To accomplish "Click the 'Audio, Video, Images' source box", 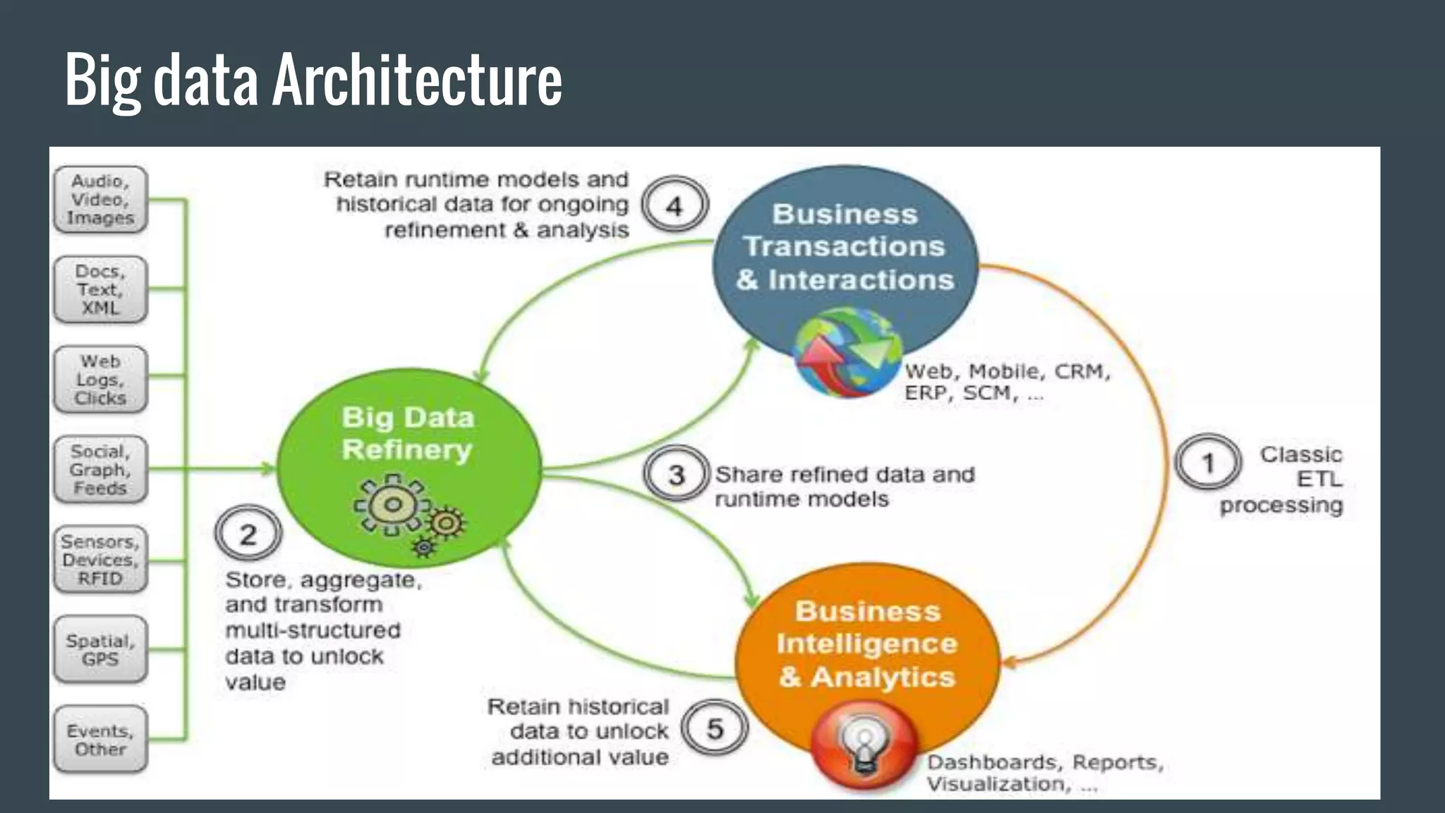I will [100, 200].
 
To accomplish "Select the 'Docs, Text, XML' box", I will [100, 289].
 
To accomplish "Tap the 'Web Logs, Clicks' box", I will [100, 380].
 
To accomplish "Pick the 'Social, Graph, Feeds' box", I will [100, 469].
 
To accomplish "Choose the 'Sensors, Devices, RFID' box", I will [100, 560].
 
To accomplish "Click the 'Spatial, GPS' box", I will [100, 650].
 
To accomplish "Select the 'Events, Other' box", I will [100, 740].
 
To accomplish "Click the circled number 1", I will [1208, 463].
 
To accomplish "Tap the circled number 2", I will [248, 534].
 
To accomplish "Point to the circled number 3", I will [676, 474].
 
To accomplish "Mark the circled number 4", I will [675, 205].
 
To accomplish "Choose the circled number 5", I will [715, 728].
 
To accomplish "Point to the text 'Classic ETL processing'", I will [1284, 480].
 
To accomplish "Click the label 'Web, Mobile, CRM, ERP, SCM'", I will [1007, 382].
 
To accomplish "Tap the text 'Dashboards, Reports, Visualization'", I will [1044, 773].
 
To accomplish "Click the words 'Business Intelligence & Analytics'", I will [867, 644].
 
